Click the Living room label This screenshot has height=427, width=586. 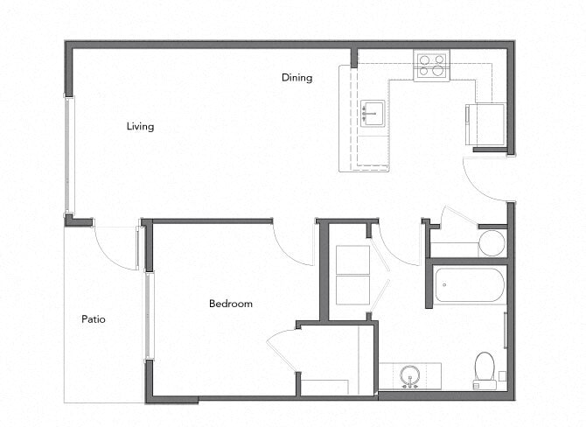(140, 127)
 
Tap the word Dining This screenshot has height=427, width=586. (296, 78)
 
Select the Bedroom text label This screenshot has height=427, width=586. (230, 304)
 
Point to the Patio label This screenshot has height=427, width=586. (94, 319)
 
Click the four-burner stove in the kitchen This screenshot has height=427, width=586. (430, 66)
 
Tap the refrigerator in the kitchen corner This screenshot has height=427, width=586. (485, 125)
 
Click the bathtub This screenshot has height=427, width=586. (470, 284)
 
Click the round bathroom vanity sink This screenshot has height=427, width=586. (409, 376)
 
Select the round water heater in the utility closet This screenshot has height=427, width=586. (492, 243)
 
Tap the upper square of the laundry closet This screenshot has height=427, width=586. (353, 260)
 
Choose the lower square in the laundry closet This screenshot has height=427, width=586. (353, 290)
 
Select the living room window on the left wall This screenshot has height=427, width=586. (68, 156)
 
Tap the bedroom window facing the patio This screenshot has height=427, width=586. (149, 315)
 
